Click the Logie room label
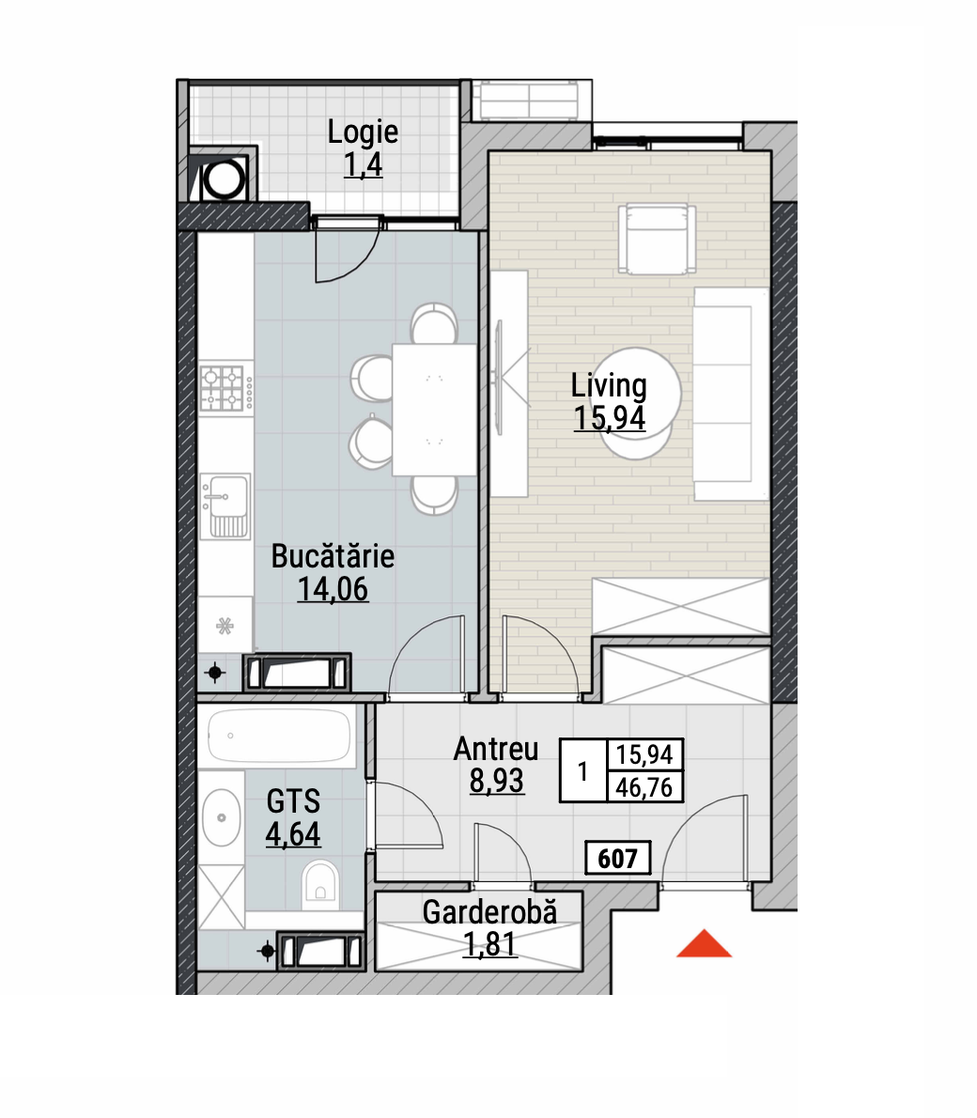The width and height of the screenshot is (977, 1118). click(363, 132)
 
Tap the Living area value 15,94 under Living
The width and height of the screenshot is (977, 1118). click(610, 418)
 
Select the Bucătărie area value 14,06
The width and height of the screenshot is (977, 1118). click(333, 589)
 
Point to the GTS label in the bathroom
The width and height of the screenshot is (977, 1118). click(293, 801)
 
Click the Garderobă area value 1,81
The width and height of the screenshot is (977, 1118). click(490, 944)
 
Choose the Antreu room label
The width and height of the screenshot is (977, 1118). click(496, 750)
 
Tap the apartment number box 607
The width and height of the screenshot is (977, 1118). click(617, 858)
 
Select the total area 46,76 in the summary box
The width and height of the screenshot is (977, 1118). click(644, 787)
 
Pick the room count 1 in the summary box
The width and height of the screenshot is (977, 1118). click(582, 770)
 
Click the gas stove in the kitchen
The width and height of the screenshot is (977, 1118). click(226, 388)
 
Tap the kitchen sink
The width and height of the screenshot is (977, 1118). click(225, 505)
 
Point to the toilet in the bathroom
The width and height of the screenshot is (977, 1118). click(320, 884)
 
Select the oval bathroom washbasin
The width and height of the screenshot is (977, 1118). click(221, 817)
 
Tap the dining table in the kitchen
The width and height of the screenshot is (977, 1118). click(434, 410)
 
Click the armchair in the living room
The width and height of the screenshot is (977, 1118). click(657, 239)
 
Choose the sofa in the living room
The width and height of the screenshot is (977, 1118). click(730, 394)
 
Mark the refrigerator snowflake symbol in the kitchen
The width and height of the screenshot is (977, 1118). click(225, 626)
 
